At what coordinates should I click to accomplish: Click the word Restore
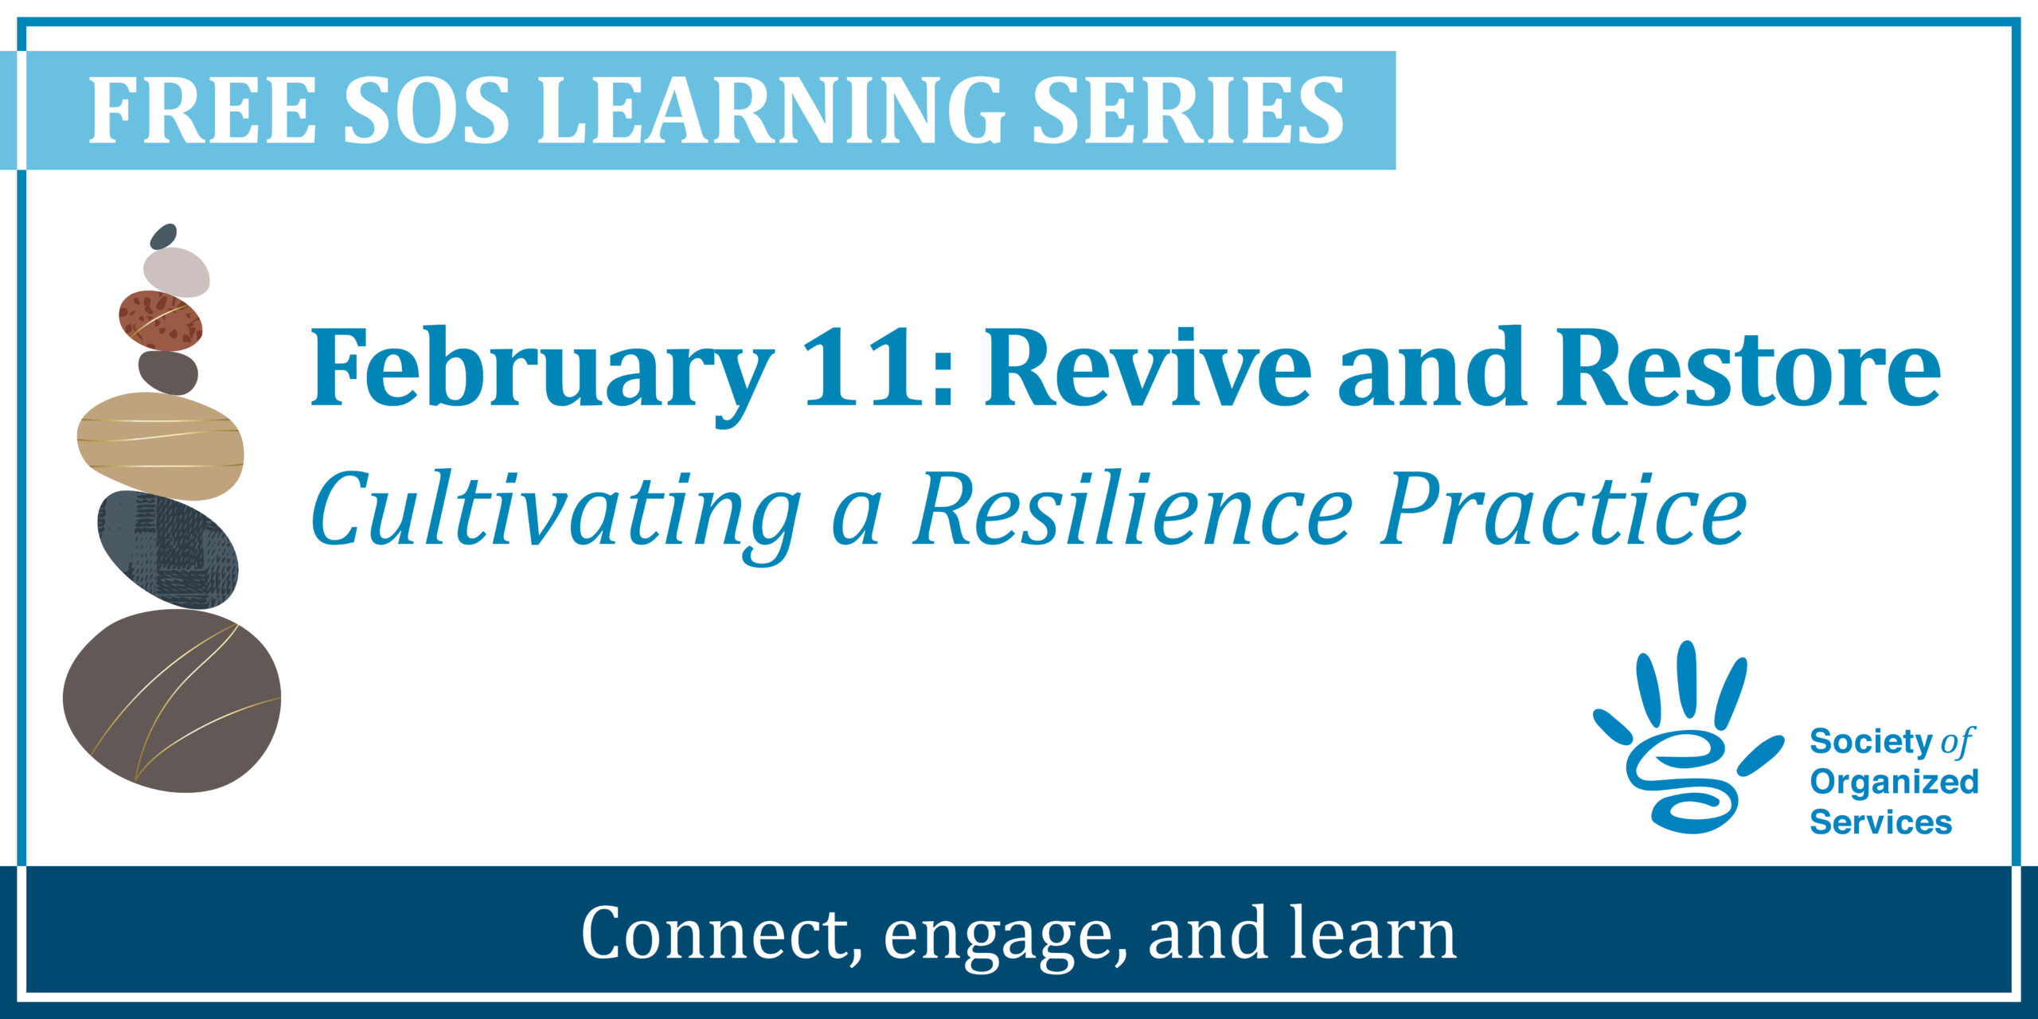click(1748, 368)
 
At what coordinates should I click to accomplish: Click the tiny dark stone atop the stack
click(163, 236)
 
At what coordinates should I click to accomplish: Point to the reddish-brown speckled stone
click(160, 321)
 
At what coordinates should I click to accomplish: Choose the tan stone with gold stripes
click(160, 446)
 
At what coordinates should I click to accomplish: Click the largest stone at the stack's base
click(172, 701)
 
